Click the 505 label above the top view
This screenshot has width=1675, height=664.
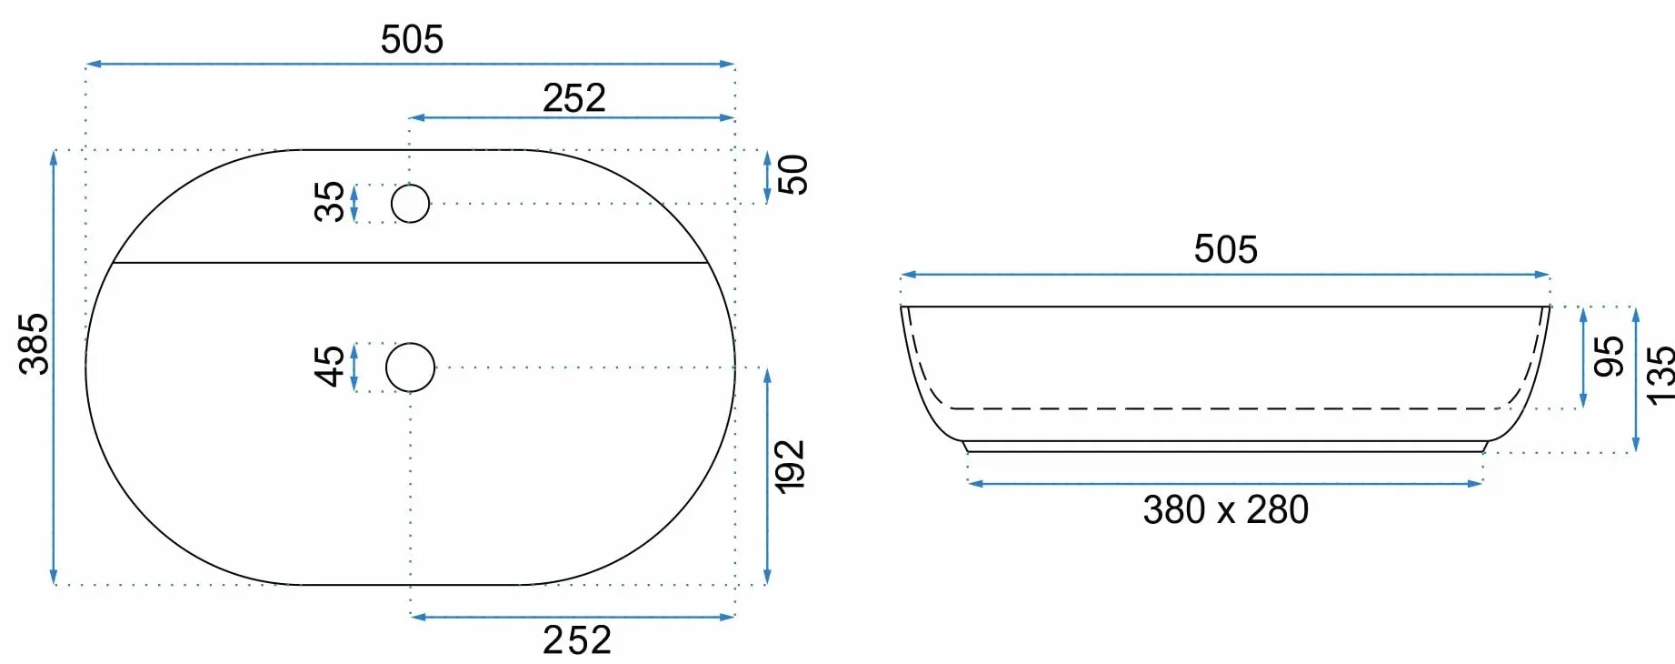tap(412, 39)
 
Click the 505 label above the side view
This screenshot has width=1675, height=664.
tap(1225, 249)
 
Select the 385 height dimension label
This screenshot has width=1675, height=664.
tap(34, 344)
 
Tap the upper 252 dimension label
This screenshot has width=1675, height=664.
tap(573, 98)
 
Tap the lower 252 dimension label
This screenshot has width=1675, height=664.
tap(576, 640)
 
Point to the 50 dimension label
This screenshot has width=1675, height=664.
tap(793, 175)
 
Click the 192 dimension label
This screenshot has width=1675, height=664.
tap(790, 467)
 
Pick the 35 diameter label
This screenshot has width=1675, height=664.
tap(329, 202)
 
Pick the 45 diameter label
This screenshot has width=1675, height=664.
tap(329, 366)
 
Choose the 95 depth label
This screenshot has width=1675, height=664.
tap(1609, 356)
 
